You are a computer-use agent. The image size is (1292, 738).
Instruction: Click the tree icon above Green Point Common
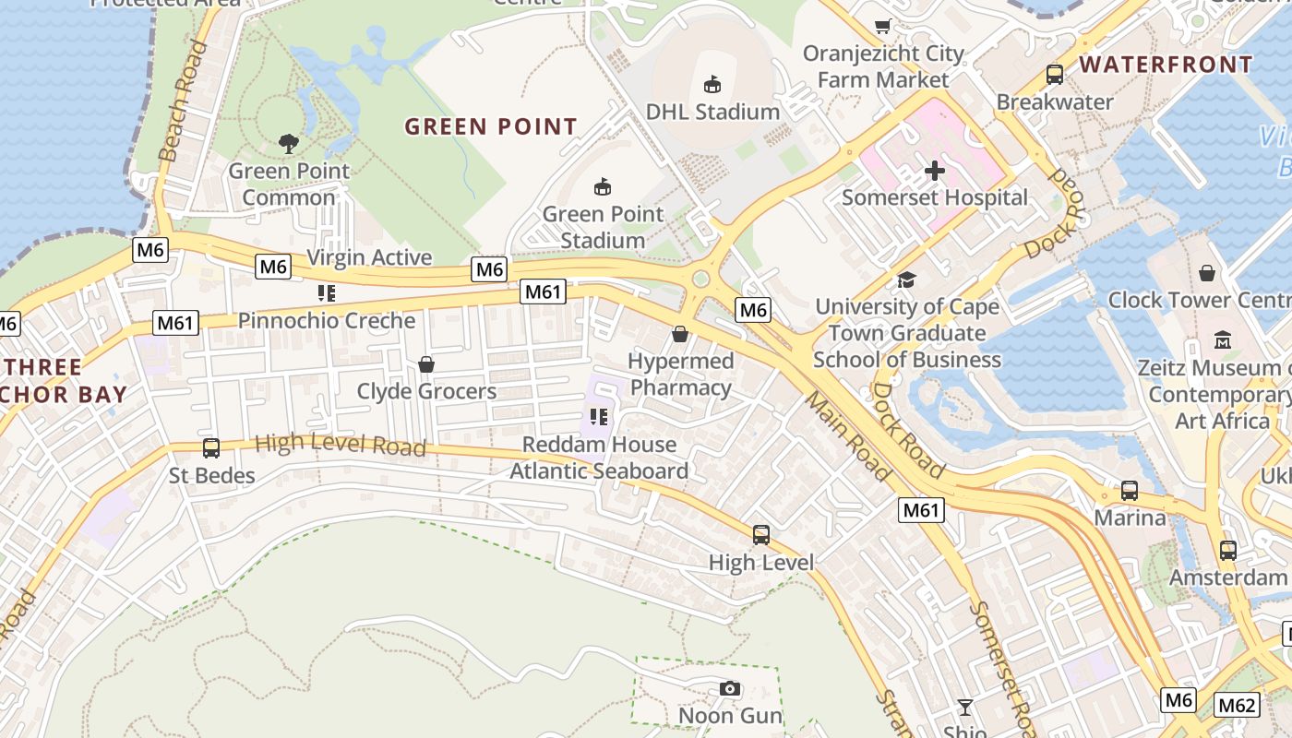[x=289, y=143]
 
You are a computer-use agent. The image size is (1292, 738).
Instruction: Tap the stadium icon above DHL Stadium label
[x=712, y=85]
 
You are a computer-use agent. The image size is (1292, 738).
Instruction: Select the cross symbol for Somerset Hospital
[x=935, y=171]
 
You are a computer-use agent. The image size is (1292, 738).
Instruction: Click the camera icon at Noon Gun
[x=730, y=689]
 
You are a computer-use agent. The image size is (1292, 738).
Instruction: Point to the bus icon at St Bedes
[x=211, y=448]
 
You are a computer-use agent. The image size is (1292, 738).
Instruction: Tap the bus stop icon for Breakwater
[x=1055, y=75]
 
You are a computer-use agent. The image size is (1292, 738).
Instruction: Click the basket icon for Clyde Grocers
[x=426, y=364]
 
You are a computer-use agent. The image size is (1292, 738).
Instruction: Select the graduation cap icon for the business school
[x=907, y=280]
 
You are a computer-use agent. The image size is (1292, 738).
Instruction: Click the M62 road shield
[x=1237, y=706]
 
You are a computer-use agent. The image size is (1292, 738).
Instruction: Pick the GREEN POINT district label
[x=491, y=126]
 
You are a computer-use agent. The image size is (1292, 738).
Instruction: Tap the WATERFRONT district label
[x=1166, y=65]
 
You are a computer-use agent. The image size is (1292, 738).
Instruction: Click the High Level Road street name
[x=340, y=446]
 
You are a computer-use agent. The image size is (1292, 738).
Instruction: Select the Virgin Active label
[x=369, y=257]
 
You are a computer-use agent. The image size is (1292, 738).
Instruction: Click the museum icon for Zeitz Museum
[x=1223, y=339]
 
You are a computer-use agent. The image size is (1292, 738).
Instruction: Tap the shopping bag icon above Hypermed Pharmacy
[x=680, y=334]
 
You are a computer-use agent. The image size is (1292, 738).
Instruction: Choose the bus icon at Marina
[x=1130, y=491]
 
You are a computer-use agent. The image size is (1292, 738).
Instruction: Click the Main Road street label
[x=847, y=435]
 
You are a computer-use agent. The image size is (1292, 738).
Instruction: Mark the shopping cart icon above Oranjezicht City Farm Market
[x=883, y=27]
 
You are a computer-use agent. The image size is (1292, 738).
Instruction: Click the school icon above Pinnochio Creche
[x=326, y=293]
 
